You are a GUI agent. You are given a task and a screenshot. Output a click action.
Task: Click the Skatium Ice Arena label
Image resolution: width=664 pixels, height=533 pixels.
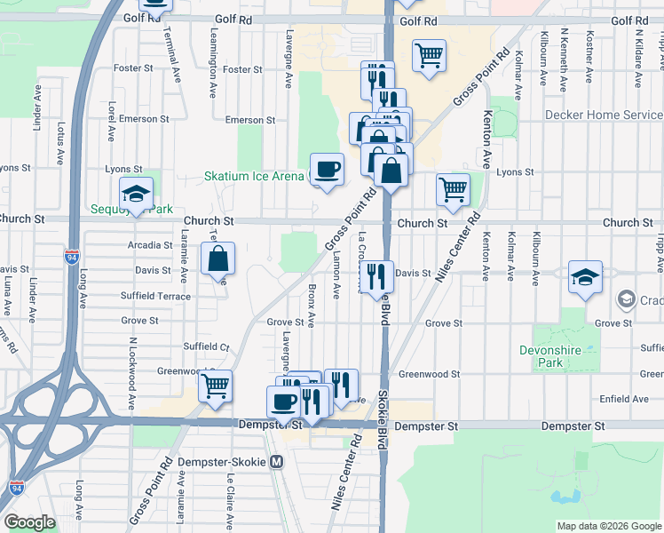[254, 176]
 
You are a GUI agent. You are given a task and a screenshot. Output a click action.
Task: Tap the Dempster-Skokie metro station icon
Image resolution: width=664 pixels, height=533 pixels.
[277, 462]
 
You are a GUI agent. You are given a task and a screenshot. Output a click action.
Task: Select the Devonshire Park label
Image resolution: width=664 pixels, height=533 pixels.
[549, 356]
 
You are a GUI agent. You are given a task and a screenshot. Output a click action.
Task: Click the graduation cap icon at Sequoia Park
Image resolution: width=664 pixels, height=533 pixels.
[136, 194]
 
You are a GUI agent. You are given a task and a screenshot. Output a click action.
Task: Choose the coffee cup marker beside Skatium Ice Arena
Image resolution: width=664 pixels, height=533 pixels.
[327, 169]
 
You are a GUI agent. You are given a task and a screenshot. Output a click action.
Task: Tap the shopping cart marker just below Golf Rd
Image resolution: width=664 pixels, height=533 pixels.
[429, 55]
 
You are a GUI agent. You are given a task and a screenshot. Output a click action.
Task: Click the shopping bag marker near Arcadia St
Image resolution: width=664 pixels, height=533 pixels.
[217, 260]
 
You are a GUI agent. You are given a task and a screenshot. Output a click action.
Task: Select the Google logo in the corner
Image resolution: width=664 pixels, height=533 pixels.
[29, 522]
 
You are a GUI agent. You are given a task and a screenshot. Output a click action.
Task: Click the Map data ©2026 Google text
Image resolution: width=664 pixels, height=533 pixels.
[609, 526]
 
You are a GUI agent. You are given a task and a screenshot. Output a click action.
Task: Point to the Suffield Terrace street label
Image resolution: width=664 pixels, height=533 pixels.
[155, 296]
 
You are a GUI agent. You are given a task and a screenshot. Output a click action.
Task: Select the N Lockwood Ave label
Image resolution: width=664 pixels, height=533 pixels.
[130, 373]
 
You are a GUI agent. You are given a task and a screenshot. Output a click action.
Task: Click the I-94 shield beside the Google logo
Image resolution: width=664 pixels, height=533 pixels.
[17, 488]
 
